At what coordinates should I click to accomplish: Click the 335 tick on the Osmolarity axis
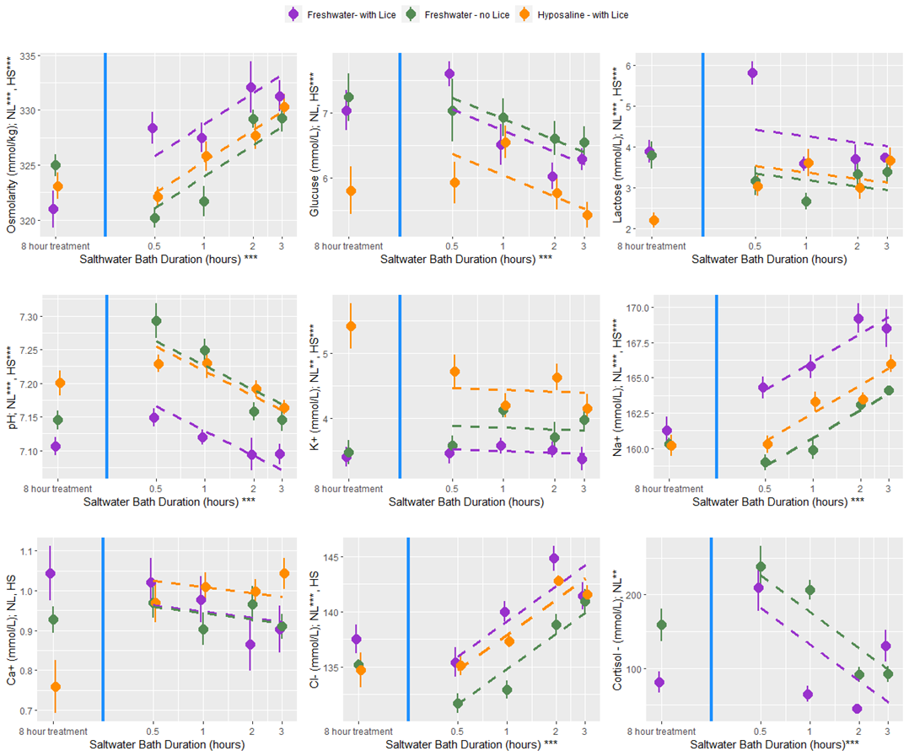pos(28,56)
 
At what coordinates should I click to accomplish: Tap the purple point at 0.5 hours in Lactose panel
pos(752,73)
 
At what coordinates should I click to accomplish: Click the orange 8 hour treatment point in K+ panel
pos(351,326)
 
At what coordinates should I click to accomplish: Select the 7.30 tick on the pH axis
pos(28,317)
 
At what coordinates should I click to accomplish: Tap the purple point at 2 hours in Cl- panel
pos(554,558)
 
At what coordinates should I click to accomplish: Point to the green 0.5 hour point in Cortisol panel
pos(761,567)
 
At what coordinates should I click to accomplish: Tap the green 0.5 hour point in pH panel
pos(156,321)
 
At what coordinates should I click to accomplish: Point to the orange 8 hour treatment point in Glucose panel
pos(351,191)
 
